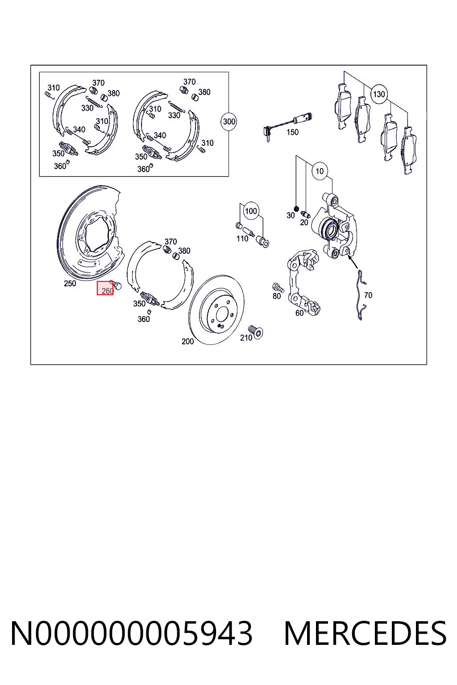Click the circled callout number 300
pyautogui.click(x=229, y=122)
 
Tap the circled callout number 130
pyautogui.click(x=378, y=94)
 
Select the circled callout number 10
pyautogui.click(x=320, y=171)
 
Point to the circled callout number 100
pyautogui.click(x=251, y=211)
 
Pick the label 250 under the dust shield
pyautogui.click(x=70, y=284)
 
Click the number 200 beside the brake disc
pyautogui.click(x=187, y=341)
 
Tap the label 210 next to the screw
pyautogui.click(x=246, y=338)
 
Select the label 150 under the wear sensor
pyautogui.click(x=292, y=132)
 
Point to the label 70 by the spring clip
pyautogui.click(x=368, y=295)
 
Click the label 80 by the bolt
pyautogui.click(x=277, y=296)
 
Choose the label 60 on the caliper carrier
pyautogui.click(x=299, y=313)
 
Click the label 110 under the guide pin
pyautogui.click(x=242, y=239)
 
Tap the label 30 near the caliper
pyautogui.click(x=291, y=215)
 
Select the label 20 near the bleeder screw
pyautogui.click(x=304, y=223)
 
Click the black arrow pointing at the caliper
pyautogui.click(x=352, y=264)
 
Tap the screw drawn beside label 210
pyautogui.click(x=257, y=332)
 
